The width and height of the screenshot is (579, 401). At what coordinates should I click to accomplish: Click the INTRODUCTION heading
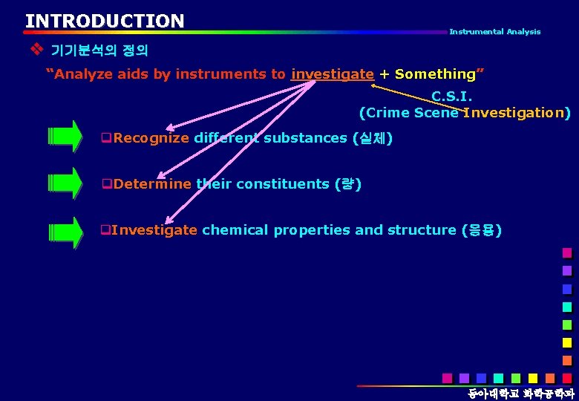[105, 21]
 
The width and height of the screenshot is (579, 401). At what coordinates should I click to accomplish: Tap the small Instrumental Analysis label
[494, 32]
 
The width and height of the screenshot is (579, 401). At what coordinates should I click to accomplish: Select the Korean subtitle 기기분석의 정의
[99, 51]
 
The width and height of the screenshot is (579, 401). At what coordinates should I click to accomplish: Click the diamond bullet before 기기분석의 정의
[34, 50]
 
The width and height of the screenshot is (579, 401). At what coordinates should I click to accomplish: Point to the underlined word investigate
[333, 74]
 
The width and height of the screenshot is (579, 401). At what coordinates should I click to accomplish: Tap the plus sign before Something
[384, 74]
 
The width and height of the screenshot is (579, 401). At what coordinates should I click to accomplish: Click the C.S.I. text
[451, 97]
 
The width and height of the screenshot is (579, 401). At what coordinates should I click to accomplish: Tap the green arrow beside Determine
[65, 183]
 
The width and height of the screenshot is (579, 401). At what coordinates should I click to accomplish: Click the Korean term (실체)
[373, 138]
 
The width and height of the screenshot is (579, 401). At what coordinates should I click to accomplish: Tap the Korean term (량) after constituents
[348, 184]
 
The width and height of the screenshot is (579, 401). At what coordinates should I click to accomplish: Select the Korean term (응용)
[481, 230]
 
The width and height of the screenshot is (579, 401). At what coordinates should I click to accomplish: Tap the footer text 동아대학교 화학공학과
[520, 393]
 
